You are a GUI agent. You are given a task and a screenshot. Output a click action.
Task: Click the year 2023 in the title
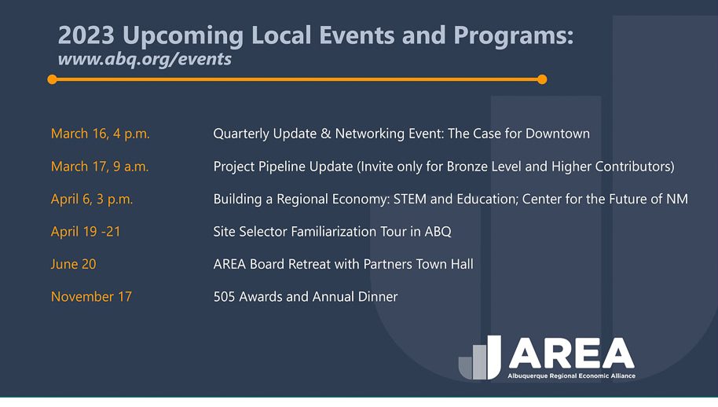(86, 35)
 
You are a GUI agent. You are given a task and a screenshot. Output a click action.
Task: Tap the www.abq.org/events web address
(145, 59)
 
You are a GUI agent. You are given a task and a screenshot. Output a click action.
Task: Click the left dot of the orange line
(52, 79)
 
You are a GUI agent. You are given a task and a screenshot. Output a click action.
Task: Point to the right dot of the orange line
(542, 79)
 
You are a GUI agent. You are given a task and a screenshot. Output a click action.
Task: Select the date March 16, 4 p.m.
(101, 134)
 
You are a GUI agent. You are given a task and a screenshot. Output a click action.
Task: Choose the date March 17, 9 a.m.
(100, 167)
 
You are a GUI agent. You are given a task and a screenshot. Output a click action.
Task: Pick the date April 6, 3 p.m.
(92, 199)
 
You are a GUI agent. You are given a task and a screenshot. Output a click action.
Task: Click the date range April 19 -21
(86, 231)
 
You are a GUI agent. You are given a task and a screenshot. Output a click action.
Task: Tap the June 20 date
(73, 264)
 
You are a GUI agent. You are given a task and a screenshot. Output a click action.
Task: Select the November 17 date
(91, 297)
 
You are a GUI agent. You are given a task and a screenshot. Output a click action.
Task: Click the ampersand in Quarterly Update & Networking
(325, 134)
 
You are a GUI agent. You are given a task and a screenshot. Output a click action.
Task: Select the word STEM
(410, 199)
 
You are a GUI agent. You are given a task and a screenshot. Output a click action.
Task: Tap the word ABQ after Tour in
(438, 232)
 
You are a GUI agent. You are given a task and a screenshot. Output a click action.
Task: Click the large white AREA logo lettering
(571, 354)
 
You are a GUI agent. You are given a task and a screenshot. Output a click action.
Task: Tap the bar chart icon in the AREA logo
(479, 357)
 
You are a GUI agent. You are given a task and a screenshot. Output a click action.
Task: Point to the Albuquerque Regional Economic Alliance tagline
(571, 376)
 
